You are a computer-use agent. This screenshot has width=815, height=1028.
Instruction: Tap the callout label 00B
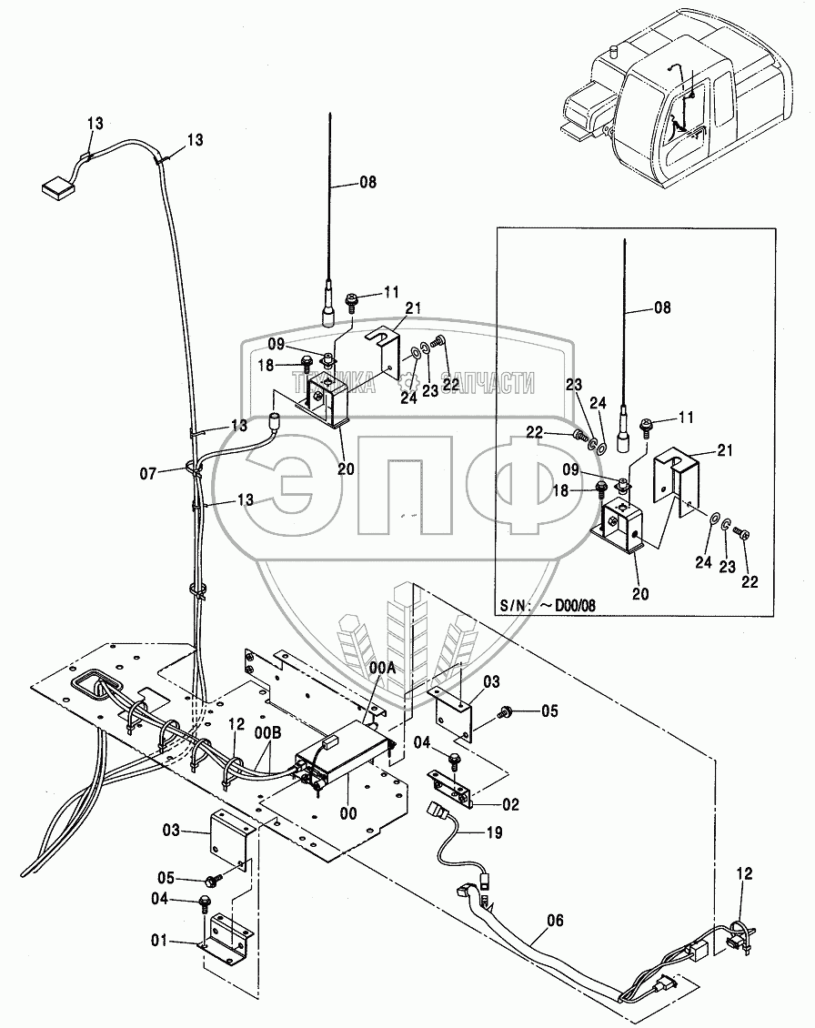coord(267,731)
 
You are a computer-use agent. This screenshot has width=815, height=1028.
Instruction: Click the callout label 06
coord(555,921)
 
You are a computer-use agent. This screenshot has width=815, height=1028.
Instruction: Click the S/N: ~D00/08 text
coord(547,604)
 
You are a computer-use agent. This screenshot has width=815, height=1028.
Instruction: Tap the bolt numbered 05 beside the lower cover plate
coord(216,880)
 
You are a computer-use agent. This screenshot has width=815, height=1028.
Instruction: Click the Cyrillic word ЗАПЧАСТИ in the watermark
coord(488,385)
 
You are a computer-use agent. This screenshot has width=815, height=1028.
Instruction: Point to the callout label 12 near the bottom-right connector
coord(745,874)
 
